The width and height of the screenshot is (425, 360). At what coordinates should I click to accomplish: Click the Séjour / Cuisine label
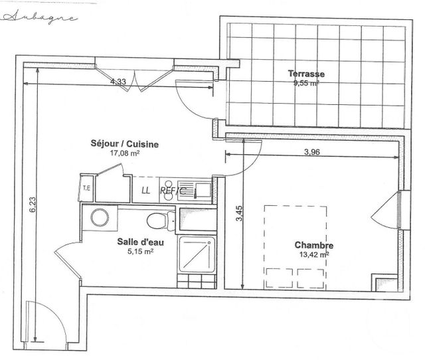[125, 143]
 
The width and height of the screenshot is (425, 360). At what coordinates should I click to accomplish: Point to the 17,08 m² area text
[124, 153]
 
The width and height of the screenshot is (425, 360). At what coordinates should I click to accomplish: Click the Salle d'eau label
[137, 242]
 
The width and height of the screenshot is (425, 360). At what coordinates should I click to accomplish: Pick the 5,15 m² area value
[140, 252]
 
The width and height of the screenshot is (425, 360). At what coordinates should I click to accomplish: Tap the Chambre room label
[314, 245]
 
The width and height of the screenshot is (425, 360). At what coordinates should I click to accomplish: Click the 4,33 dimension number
[118, 82]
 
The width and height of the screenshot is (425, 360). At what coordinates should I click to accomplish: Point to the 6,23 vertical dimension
[32, 204]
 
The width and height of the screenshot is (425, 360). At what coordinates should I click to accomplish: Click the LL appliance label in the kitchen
[146, 190]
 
